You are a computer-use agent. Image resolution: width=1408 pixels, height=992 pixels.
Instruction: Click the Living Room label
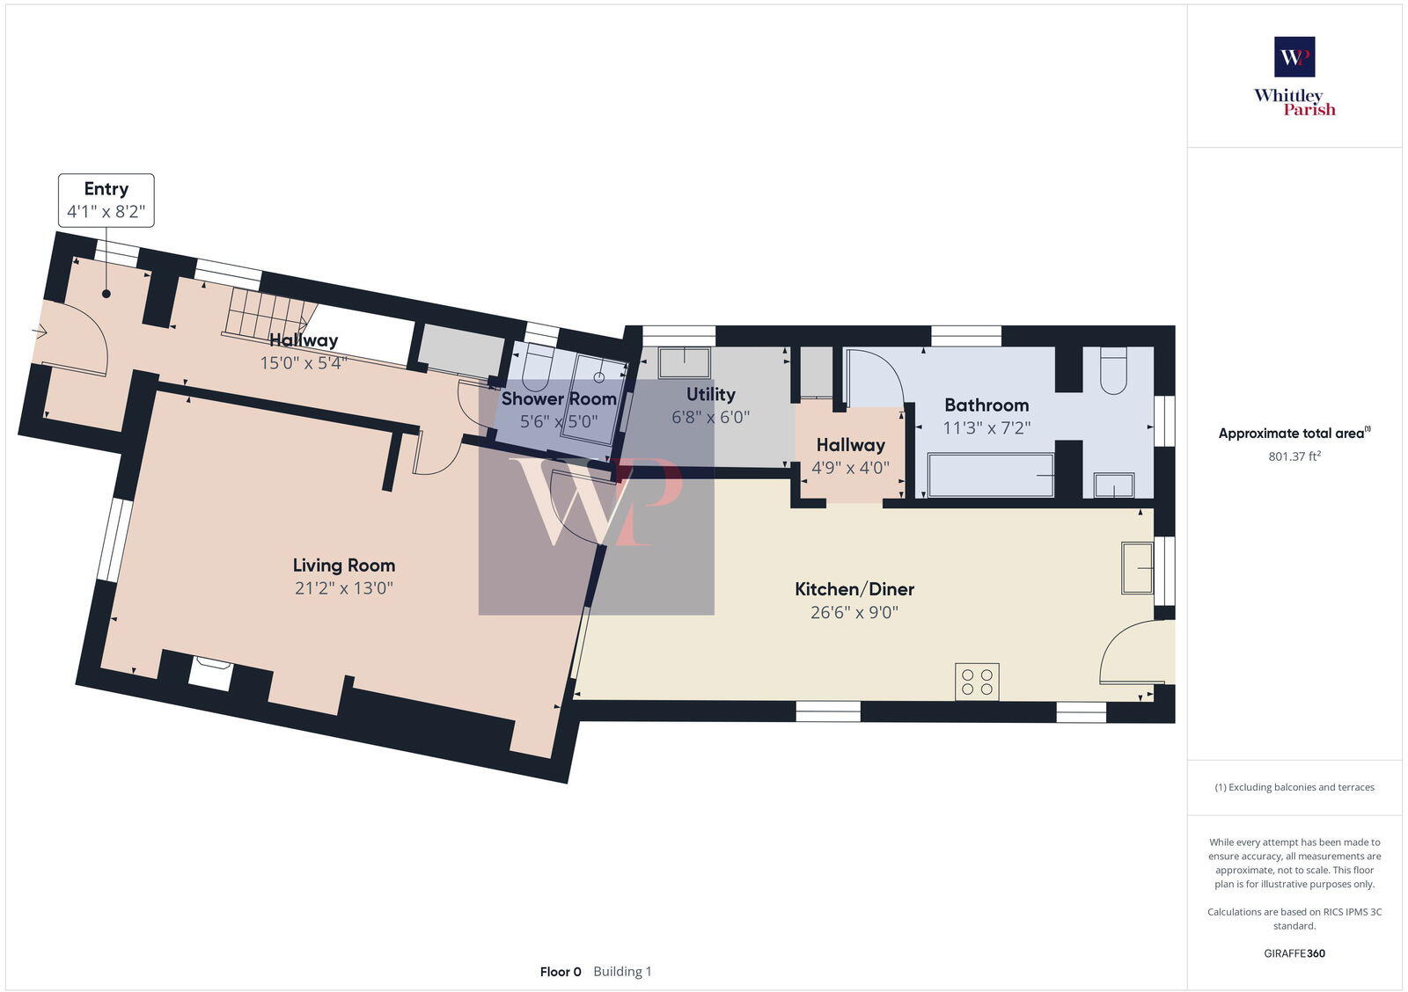344,565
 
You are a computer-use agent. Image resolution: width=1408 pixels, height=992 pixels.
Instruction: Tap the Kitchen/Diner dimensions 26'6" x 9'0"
854,612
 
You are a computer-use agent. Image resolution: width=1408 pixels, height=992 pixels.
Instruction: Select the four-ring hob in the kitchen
977,682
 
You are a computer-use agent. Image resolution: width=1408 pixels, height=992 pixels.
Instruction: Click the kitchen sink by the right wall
1137,568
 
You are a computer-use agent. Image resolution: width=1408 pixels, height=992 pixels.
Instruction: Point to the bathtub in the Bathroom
990,475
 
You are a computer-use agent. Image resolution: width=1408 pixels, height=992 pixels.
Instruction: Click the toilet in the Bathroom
1113,371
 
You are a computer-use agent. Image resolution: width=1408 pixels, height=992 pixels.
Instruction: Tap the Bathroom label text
986,405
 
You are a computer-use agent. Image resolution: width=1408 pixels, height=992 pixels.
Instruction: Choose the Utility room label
710,394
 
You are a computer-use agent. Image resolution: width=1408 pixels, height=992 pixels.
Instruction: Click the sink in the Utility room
685,362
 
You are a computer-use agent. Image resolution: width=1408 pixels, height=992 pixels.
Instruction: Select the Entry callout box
106,201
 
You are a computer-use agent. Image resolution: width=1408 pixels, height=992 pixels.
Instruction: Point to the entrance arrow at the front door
40,332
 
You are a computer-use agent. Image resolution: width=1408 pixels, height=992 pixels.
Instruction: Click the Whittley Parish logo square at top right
1294,57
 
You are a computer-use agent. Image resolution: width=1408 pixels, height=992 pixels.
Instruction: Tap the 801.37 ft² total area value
1294,456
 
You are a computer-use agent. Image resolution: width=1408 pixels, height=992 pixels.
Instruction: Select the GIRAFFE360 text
1294,953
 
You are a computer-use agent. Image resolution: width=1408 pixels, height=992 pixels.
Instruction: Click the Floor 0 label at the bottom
561,972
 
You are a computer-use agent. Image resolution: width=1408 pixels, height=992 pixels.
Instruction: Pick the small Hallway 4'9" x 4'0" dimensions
850,468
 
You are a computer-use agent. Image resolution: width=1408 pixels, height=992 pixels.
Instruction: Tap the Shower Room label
558,399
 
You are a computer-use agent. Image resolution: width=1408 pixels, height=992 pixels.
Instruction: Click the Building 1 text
622,972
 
